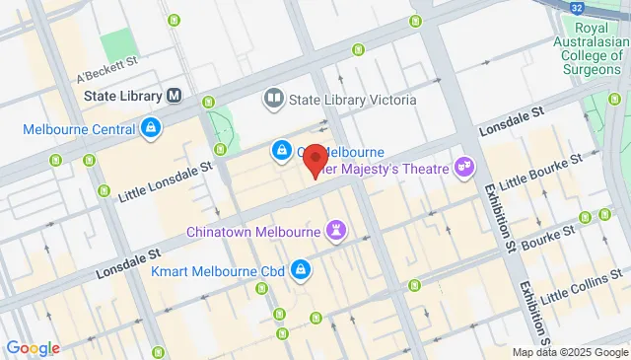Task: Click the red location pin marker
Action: (315, 161)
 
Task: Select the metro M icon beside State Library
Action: (175, 96)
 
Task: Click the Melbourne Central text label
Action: (80, 128)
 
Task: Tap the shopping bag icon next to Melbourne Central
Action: (150, 127)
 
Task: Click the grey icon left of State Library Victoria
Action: (272, 99)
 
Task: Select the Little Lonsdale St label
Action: (165, 182)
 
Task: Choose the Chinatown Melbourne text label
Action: (254, 232)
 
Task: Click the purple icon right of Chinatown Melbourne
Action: (338, 231)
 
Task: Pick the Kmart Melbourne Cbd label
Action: (218, 269)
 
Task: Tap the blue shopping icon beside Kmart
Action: (302, 268)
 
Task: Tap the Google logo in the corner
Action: (33, 347)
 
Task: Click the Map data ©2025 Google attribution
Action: (569, 352)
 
